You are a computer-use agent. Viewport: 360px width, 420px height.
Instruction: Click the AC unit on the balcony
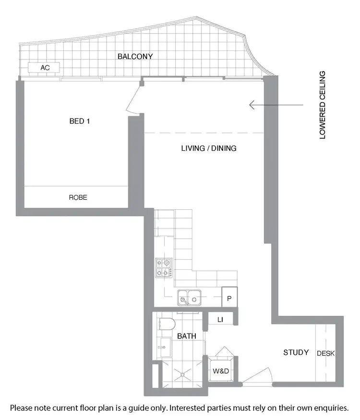44,68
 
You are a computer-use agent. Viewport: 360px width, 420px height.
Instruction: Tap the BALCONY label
135,56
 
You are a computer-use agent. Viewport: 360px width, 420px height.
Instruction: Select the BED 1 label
80,121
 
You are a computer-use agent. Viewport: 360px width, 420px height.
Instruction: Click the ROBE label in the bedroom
78,197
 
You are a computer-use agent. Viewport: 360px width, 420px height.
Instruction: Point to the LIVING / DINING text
208,148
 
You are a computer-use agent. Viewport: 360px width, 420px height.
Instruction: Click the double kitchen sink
189,298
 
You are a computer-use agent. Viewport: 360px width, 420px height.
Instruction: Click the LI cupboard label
220,320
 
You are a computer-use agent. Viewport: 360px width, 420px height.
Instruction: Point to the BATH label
186,336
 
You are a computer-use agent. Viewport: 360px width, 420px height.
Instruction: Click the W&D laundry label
221,371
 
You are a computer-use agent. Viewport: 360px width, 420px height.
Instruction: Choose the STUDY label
296,352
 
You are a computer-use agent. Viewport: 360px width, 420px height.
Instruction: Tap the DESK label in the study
326,353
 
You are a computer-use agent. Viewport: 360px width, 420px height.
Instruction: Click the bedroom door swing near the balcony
132,105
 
